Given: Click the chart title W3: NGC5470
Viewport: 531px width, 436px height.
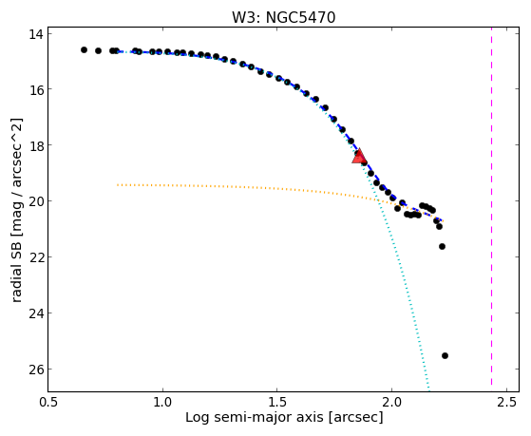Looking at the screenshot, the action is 283,17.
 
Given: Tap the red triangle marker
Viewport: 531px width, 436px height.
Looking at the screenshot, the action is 359,156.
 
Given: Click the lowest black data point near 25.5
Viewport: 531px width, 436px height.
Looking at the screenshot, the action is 445,355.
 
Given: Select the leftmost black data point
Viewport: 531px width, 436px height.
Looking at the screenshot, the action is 84,49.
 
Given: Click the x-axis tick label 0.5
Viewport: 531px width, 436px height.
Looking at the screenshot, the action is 48,402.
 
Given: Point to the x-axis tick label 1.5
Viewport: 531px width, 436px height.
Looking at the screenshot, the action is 277,402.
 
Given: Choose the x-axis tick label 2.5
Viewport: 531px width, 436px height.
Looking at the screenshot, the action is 507,402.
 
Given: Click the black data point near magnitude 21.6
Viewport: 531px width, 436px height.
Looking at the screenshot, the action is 442,246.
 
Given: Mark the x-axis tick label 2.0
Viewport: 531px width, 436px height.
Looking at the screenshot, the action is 391,402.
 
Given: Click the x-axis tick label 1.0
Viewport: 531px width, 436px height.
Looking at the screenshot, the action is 162,402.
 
